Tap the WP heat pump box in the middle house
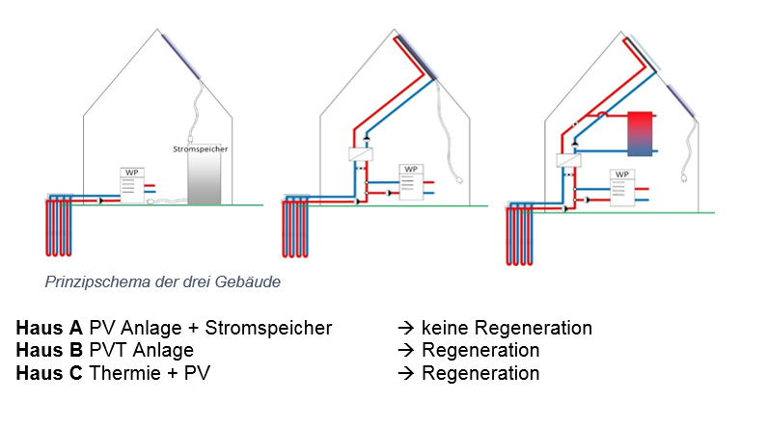[x=412, y=183]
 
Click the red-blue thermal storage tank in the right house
[x=640, y=134]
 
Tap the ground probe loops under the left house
[x=58, y=226]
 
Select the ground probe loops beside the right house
[x=520, y=234]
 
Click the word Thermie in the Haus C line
[x=120, y=373]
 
